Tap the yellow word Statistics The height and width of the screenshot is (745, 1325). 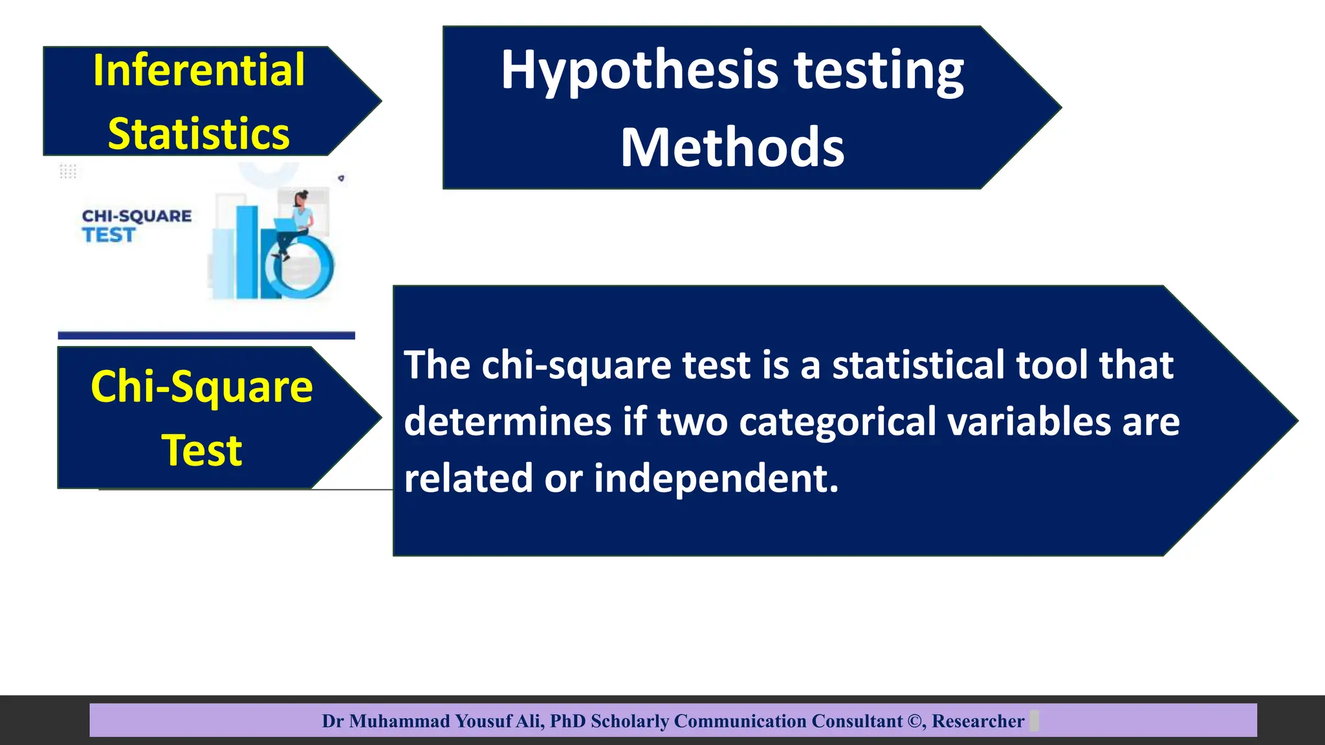(x=199, y=134)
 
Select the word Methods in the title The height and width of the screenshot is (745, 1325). (x=732, y=147)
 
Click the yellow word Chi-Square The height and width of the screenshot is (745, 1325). (x=202, y=387)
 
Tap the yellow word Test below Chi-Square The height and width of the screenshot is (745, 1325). (x=202, y=450)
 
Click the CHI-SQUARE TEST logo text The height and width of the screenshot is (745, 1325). (x=137, y=225)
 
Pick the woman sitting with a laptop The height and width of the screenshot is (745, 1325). (x=296, y=223)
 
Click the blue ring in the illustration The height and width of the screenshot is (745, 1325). (x=304, y=266)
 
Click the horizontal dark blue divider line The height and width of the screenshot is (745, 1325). (x=206, y=335)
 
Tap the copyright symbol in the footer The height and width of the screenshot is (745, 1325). (x=915, y=721)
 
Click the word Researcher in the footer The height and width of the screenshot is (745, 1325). (x=978, y=721)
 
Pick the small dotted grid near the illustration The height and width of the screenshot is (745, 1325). (x=68, y=171)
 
